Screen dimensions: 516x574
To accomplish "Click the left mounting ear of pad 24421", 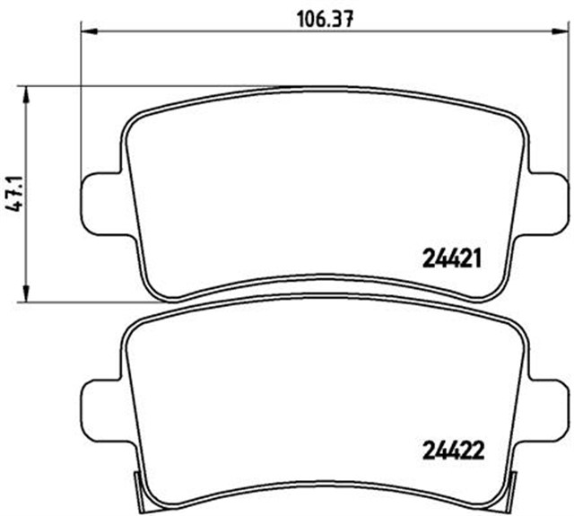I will (x=100, y=201).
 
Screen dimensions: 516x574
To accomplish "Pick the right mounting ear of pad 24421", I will (x=547, y=201).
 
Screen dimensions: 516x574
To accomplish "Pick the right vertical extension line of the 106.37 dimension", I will (x=566, y=108).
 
